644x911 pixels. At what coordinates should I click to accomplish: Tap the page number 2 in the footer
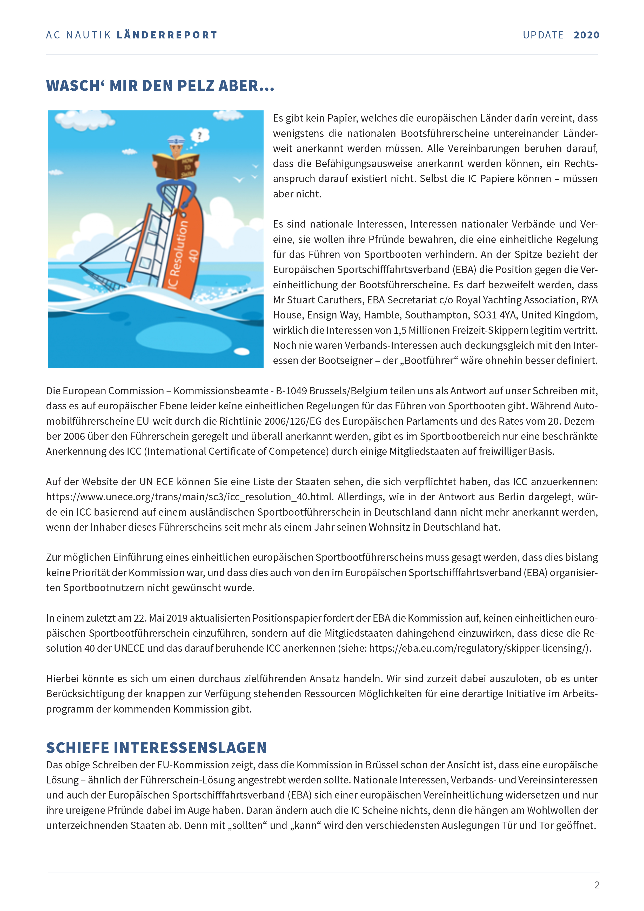click(x=597, y=885)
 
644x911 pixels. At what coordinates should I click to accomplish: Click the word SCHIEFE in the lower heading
click(x=78, y=748)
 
